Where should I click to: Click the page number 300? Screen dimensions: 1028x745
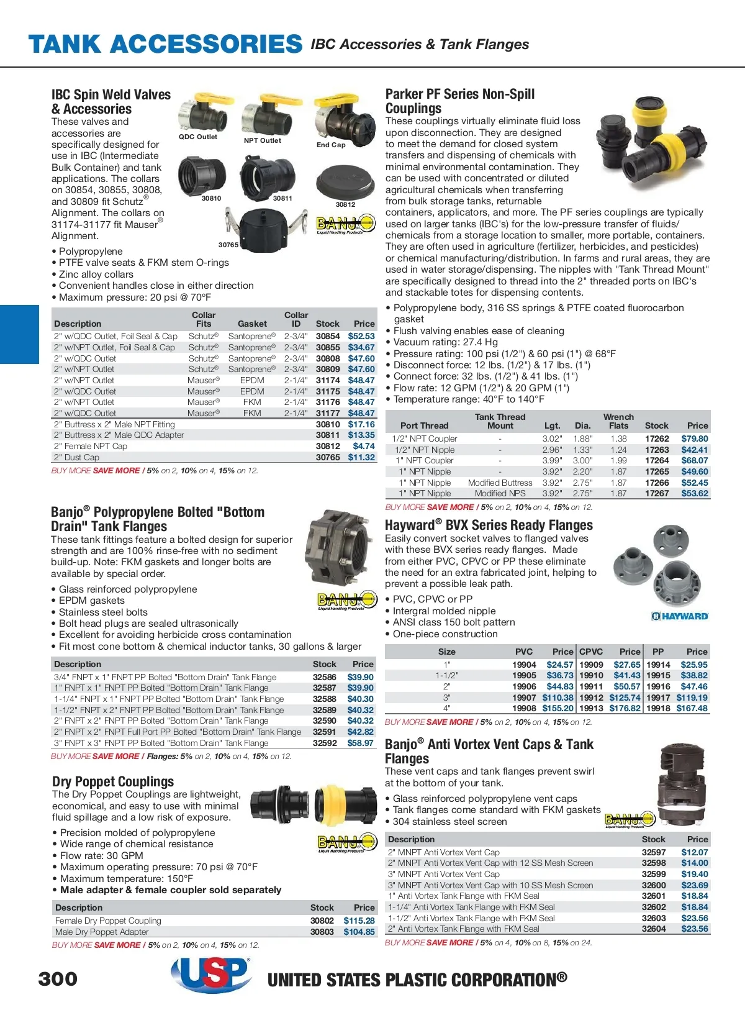click(58, 980)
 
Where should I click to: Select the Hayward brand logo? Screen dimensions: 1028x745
click(680, 616)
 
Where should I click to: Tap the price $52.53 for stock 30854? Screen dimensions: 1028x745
click(361, 336)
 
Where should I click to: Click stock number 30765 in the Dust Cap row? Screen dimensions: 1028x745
click(328, 457)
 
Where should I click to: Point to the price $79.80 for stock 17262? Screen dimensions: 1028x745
click(695, 439)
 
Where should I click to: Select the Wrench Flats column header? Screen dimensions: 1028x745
click(618, 421)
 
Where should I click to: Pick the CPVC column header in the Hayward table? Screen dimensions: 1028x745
click(591, 652)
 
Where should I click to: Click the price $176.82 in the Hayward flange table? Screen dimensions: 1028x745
click(625, 708)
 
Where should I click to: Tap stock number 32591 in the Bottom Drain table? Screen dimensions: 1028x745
click(324, 732)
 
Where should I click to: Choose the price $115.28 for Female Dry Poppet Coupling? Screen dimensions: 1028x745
click(359, 921)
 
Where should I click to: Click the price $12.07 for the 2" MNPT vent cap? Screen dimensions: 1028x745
click(694, 852)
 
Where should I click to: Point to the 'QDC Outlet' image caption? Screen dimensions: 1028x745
click(198, 137)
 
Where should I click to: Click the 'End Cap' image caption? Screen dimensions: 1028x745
click(331, 145)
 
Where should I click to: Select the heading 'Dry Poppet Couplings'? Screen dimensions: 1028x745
click(113, 781)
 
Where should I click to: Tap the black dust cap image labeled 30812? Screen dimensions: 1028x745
click(345, 181)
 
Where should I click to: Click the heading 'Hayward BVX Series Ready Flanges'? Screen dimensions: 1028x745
click(489, 525)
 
